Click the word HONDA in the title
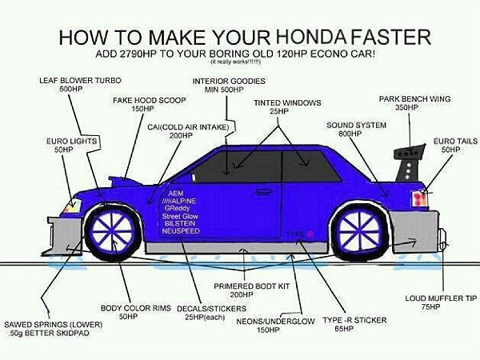point(311,36)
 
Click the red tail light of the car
point(419,198)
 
